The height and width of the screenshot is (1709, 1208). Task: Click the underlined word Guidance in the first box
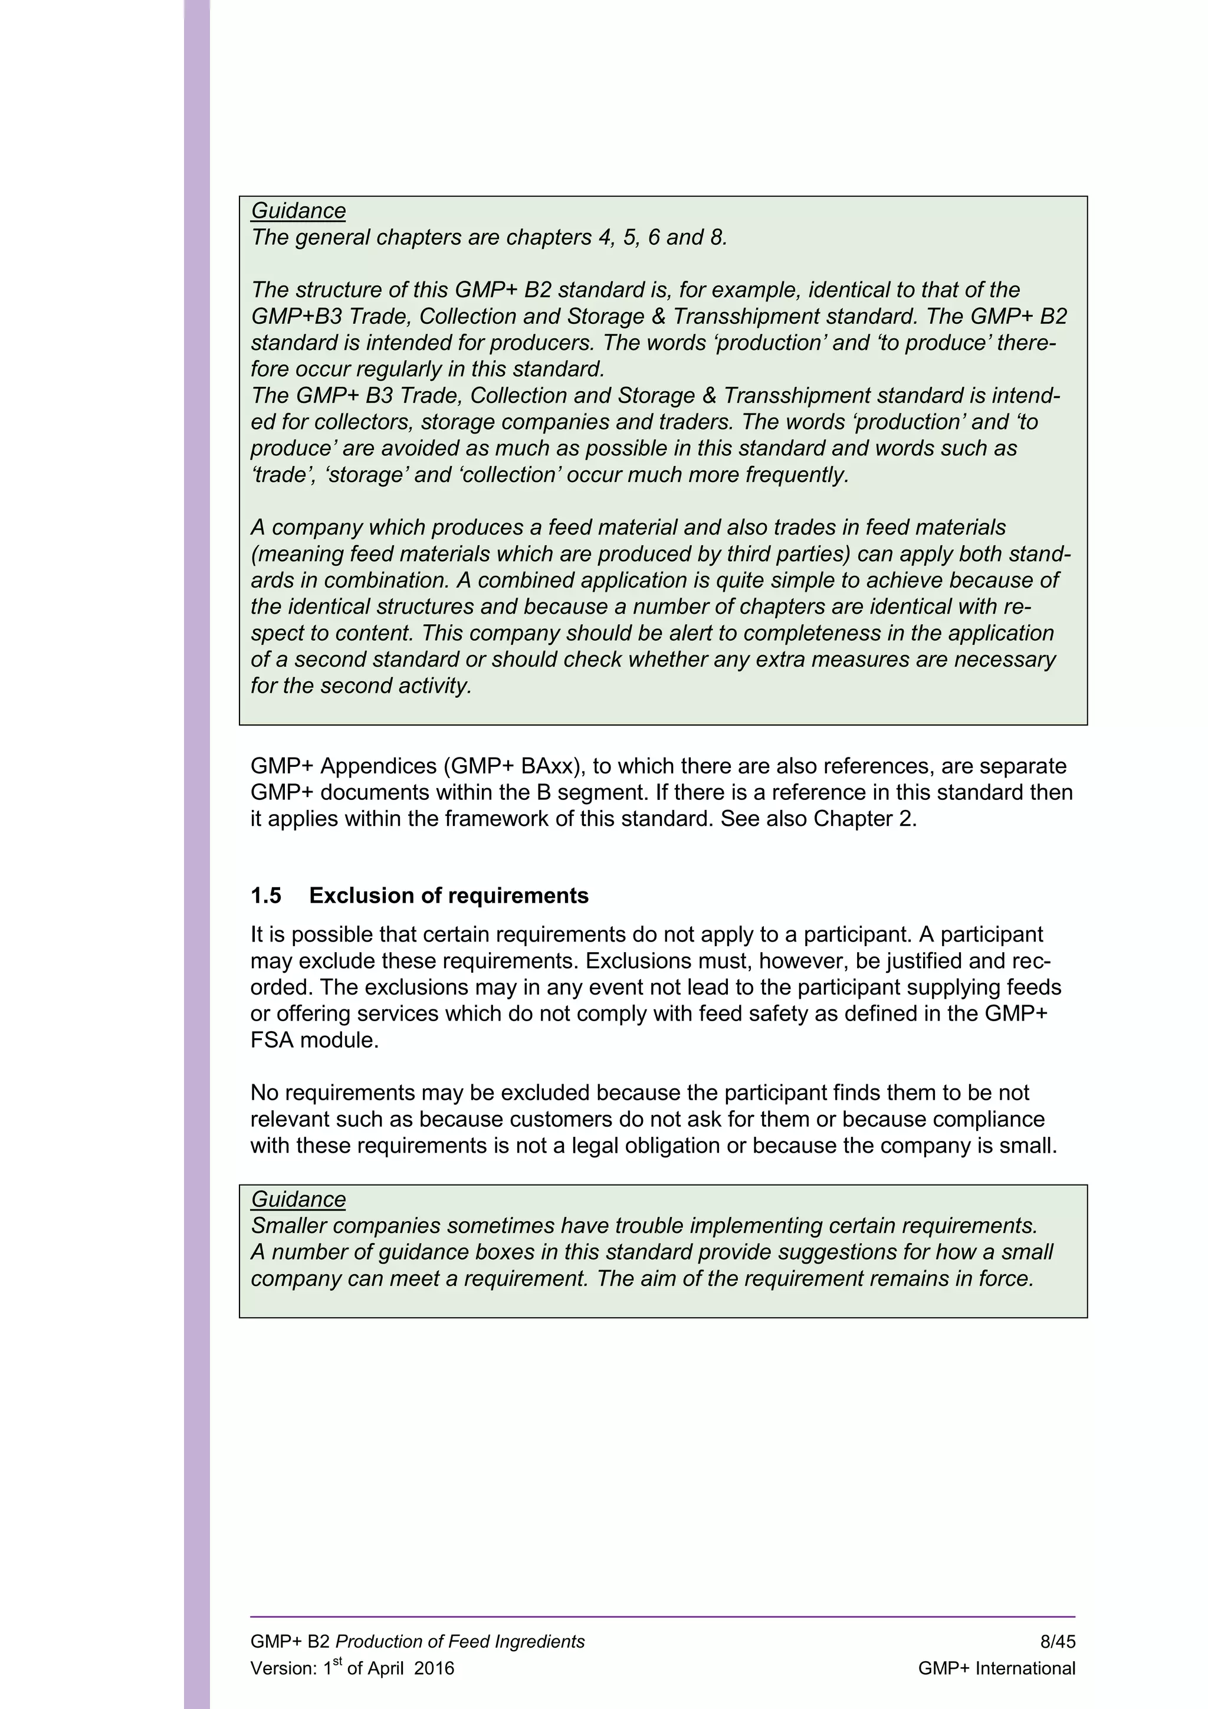(298, 211)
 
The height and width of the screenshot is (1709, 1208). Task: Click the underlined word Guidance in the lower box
(298, 1199)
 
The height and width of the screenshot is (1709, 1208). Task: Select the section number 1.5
(265, 895)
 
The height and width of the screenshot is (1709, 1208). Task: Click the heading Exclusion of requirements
(448, 895)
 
